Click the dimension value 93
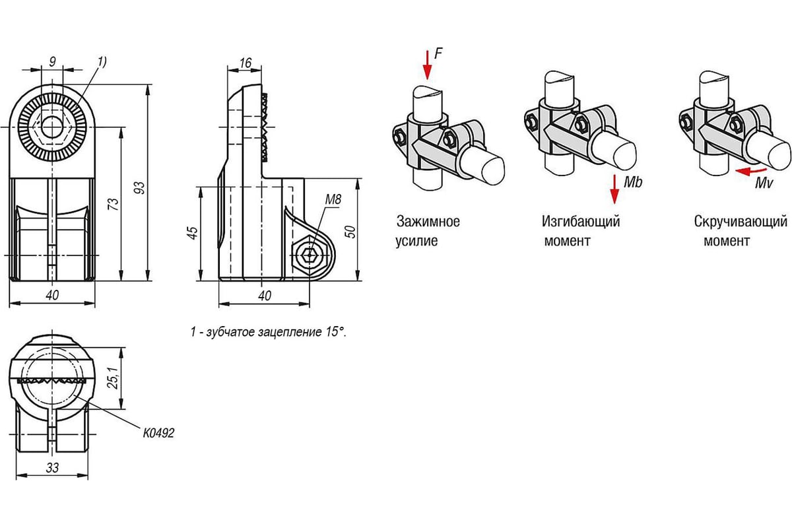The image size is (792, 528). click(140, 187)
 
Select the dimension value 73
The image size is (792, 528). click(114, 205)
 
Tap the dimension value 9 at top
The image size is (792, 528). click(52, 62)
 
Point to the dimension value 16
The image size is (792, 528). click(245, 63)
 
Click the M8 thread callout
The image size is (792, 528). click(333, 199)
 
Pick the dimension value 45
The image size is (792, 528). click(193, 233)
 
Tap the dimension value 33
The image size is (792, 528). click(52, 468)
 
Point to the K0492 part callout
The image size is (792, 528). click(159, 433)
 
